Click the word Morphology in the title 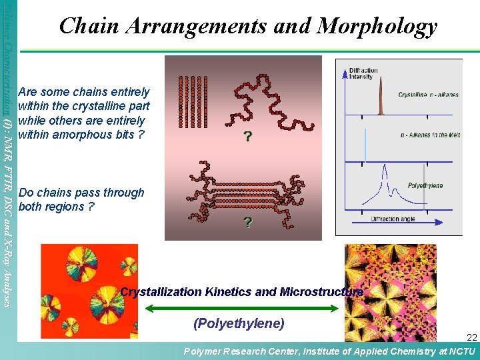[377, 26]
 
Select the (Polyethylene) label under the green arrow [239, 324]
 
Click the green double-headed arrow [242, 307]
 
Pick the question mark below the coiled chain [247, 137]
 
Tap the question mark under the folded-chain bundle [248, 222]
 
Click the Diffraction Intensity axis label [363, 73]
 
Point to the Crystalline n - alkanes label [428, 95]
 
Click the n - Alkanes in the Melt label [430, 135]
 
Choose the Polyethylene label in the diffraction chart [425, 185]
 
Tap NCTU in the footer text [461, 351]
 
